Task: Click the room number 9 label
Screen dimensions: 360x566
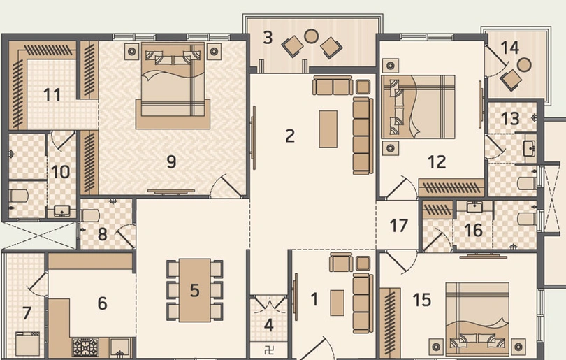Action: (x=171, y=161)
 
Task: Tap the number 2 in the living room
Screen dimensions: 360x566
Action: (x=290, y=135)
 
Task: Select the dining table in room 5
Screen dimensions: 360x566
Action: (x=195, y=289)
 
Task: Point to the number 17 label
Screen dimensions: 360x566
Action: (x=399, y=226)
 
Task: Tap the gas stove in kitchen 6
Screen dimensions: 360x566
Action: (x=85, y=347)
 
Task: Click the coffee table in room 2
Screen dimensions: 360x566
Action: (x=328, y=129)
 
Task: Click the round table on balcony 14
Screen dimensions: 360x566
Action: (x=524, y=64)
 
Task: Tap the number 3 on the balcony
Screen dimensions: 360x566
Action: (x=268, y=37)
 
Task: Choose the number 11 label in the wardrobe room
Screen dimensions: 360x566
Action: (x=52, y=94)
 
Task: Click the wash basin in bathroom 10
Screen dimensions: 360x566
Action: (x=61, y=210)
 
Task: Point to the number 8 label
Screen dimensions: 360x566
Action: (x=102, y=233)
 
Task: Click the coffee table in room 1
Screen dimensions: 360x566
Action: (x=338, y=302)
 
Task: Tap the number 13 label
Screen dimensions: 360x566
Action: (x=510, y=118)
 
